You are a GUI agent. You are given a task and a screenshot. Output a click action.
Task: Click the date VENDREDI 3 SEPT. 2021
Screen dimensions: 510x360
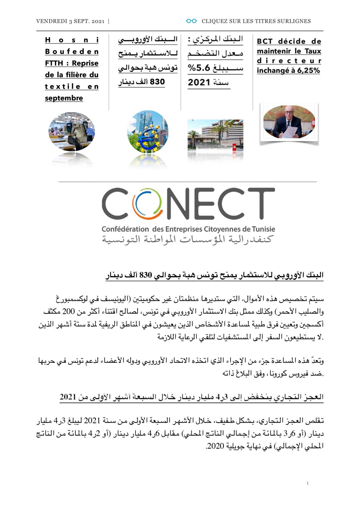click(70, 21)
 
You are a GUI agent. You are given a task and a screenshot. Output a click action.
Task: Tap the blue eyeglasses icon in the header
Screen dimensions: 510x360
click(191, 21)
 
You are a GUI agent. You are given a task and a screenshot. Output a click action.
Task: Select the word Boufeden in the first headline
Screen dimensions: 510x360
click(72, 51)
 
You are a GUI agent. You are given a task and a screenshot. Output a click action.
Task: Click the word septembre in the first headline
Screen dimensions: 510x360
click(64, 98)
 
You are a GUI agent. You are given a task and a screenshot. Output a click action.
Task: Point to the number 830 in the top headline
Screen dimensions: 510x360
click(158, 82)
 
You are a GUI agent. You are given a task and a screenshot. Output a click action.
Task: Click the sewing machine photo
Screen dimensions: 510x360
click(72, 132)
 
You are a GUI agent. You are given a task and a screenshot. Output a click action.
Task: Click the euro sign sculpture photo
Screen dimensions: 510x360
click(148, 132)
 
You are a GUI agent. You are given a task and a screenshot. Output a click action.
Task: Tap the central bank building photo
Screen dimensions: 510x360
click(215, 136)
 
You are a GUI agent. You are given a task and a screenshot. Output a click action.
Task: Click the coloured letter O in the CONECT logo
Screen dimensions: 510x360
click(147, 204)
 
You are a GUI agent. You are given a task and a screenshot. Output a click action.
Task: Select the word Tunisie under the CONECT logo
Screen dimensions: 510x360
click(263, 229)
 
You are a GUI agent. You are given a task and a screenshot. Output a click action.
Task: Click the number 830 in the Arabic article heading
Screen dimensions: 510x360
click(146, 275)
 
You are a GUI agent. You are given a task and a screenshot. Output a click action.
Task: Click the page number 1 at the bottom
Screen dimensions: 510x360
click(307, 483)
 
